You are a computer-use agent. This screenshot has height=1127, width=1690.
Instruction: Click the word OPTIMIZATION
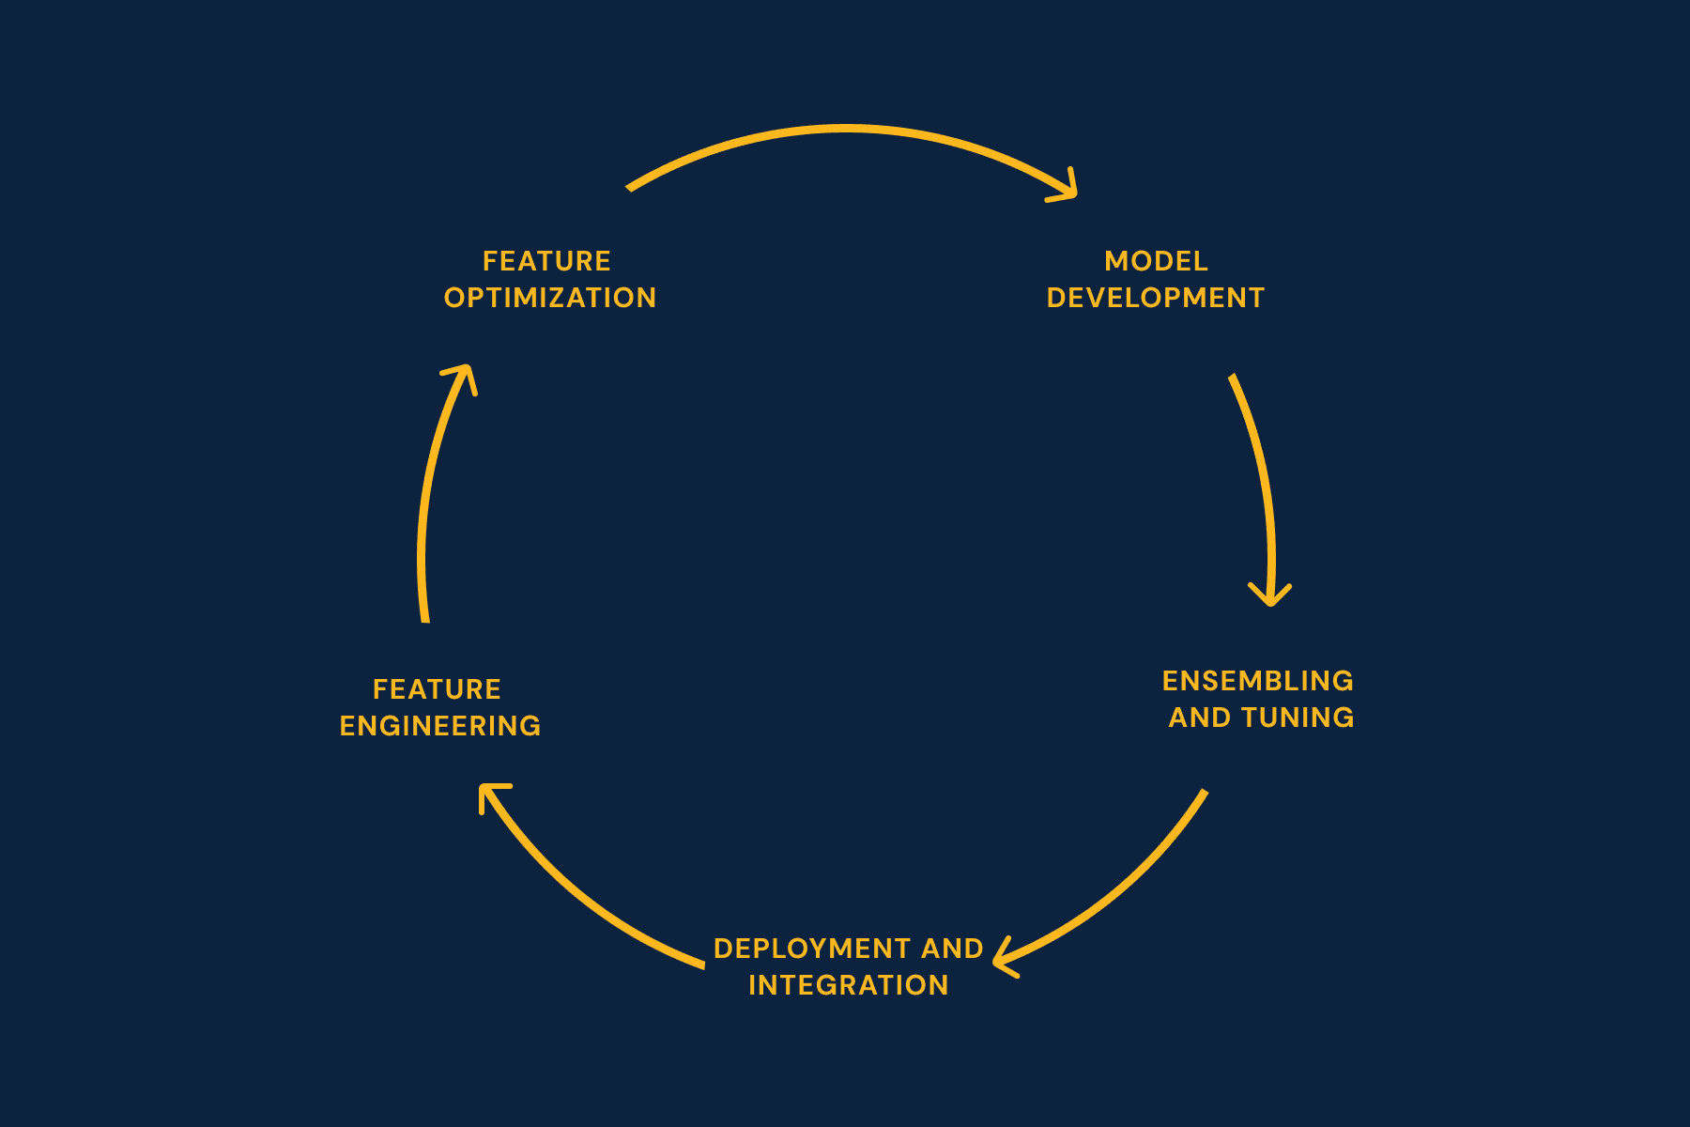pyautogui.click(x=550, y=298)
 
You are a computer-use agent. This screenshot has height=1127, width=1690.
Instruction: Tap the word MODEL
pyautogui.click(x=1156, y=261)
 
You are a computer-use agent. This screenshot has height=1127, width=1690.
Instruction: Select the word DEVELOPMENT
pyautogui.click(x=1156, y=298)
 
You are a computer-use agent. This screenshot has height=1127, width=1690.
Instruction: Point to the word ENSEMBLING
pyautogui.click(x=1258, y=681)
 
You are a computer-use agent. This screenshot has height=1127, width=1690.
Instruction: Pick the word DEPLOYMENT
pyautogui.click(x=813, y=949)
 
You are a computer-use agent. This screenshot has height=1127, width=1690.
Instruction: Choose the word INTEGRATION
pyautogui.click(x=849, y=985)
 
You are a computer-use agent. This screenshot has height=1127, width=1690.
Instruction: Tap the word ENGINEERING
pyautogui.click(x=440, y=726)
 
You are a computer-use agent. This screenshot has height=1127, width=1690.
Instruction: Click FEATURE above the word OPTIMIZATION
pyautogui.click(x=546, y=261)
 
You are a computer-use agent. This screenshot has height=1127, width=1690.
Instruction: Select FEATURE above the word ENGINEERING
pyautogui.click(x=437, y=689)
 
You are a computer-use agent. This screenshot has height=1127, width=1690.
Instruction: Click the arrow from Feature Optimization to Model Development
pyautogui.click(x=848, y=129)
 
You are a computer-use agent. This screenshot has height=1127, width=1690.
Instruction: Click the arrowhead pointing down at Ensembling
pyautogui.click(x=1270, y=595)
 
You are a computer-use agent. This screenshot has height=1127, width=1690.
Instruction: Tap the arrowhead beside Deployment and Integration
pyautogui.click(x=1003, y=959)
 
